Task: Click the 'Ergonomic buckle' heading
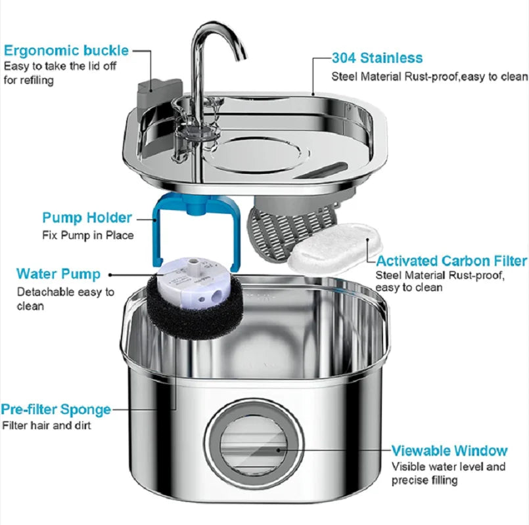[66, 50]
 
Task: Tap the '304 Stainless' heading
[377, 58]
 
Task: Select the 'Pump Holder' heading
[87, 218]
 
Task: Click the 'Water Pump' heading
[58, 274]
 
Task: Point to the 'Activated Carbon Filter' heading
[451, 261]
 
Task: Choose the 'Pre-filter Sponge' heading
[56, 409]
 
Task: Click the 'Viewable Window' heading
[449, 451]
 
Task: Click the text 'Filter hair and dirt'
[47, 425]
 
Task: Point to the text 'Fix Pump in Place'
[88, 234]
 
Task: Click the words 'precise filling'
[425, 480]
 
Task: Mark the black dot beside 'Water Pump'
[109, 274]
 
